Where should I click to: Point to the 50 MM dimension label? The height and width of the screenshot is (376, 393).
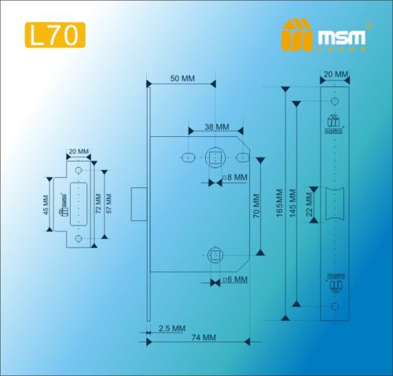[x=182, y=79]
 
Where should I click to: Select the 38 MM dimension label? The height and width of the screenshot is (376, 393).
[x=217, y=127]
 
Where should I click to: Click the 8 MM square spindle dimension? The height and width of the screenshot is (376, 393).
[x=235, y=178]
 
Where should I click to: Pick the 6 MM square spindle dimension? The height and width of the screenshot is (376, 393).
[x=235, y=279]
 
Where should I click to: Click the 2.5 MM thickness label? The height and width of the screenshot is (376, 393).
[x=171, y=327]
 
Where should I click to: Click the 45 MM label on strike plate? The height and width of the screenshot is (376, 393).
[x=47, y=206]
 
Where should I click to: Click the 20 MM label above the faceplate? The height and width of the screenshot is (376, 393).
[x=335, y=76]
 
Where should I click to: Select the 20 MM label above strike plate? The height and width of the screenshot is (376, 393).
[x=79, y=151]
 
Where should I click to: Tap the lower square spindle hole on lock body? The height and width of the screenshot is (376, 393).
[x=215, y=253]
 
